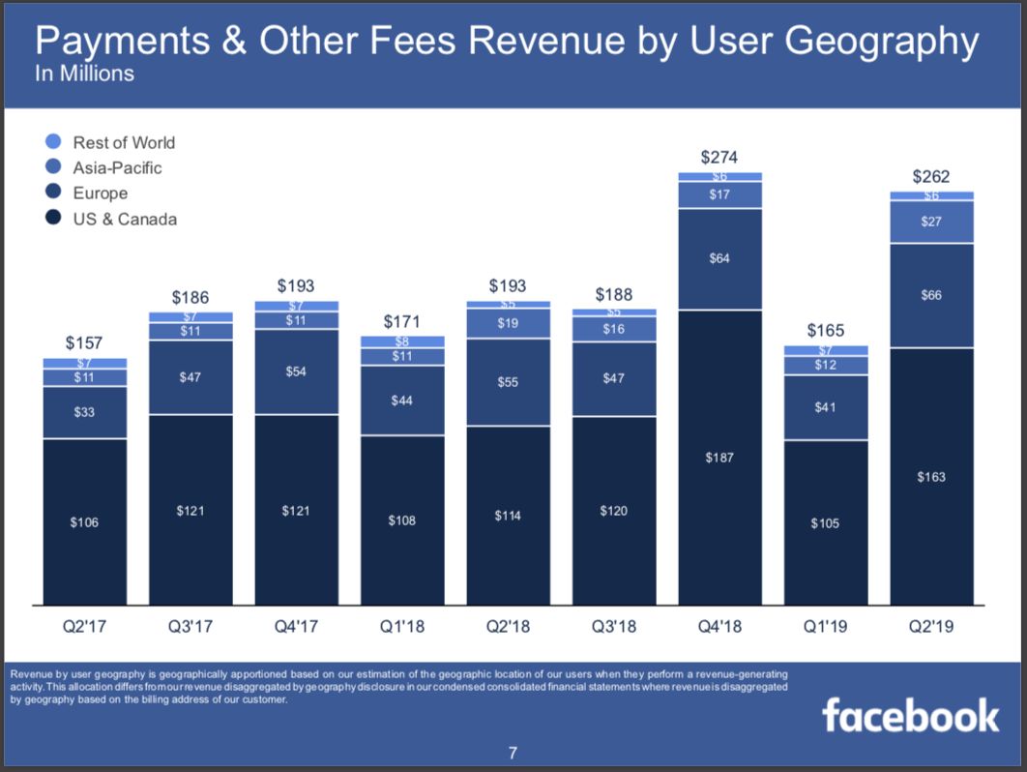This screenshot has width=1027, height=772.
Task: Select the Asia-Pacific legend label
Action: tap(117, 167)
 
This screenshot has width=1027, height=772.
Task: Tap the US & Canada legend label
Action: tap(125, 219)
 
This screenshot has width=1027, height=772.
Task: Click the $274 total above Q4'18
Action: tap(719, 157)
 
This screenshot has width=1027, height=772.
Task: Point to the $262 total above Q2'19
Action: tap(931, 176)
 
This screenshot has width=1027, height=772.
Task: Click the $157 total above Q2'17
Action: tap(84, 342)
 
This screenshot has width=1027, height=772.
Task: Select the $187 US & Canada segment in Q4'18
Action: tap(719, 457)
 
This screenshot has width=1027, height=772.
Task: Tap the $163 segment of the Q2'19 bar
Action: tap(931, 476)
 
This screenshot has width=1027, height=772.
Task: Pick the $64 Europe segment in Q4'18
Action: tap(719, 258)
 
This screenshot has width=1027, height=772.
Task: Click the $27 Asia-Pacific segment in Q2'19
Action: tap(931, 222)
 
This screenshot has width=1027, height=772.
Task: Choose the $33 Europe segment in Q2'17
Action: tap(84, 412)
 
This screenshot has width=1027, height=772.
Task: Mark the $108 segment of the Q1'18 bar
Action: tap(401, 520)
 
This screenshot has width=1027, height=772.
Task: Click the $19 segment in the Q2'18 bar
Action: tap(508, 323)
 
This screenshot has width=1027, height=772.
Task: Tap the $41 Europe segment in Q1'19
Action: tap(825, 407)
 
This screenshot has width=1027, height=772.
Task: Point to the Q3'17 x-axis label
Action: tap(191, 627)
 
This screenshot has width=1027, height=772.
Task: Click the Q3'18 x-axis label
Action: tap(613, 627)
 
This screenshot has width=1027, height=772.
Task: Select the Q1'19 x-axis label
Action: tap(825, 627)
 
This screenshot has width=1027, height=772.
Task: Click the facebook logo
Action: tap(910, 716)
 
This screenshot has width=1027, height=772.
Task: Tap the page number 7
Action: tap(513, 754)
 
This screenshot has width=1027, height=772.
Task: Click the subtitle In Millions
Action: tap(84, 74)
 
